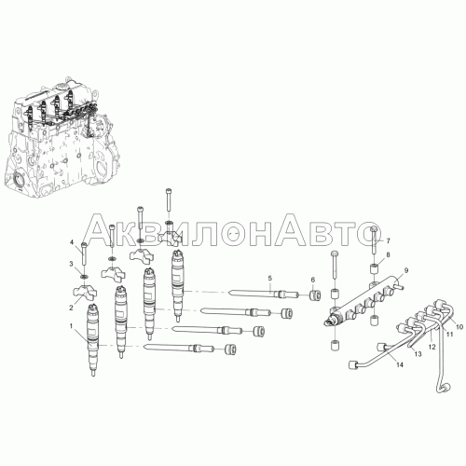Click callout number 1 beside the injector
71,326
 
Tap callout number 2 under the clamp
71,308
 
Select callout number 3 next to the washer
71,264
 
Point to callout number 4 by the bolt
71,242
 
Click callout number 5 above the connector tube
270,278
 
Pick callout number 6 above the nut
313,280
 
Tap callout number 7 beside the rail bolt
388,240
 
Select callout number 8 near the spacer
388,254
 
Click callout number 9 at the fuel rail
406,270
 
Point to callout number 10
459,327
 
